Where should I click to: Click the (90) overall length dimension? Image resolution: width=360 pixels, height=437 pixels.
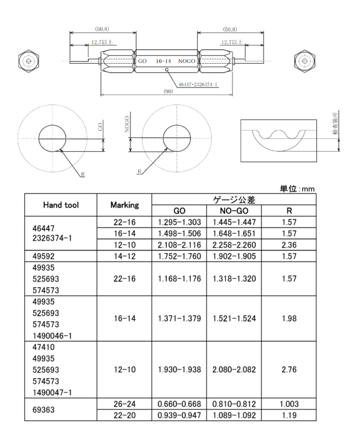pos(168,92)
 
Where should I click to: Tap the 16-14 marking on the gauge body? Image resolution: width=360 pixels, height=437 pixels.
pos(163,61)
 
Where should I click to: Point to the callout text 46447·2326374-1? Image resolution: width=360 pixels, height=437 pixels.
pos(198,84)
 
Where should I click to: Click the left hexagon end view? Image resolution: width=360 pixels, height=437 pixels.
pos(28,61)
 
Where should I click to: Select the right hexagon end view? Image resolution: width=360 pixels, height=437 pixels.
pos(305,61)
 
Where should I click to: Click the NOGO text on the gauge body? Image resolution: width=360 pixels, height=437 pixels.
pos(186,61)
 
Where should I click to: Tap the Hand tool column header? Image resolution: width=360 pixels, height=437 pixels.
pos(61,205)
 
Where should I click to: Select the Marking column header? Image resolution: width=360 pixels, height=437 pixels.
pos(124,205)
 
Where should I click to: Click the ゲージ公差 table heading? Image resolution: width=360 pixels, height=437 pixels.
pos(234,200)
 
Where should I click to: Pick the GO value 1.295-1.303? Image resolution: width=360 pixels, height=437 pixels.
pos(179,222)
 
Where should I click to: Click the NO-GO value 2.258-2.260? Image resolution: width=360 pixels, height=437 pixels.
pos(234,245)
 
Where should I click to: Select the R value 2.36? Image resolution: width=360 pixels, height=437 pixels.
pos(289,245)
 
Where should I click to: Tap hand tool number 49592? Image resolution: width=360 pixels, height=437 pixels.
pos(44,256)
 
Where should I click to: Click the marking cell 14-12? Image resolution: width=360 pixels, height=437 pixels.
pos(124,256)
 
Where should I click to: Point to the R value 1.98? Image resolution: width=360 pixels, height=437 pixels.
pos(289,318)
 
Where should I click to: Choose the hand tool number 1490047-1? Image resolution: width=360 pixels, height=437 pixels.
pos(52,393)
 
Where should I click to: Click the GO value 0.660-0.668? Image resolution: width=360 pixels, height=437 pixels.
pos(179,404)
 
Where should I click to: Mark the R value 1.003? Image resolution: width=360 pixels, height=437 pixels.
pos(289,404)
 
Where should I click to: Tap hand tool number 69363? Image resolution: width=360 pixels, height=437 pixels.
pos(44,410)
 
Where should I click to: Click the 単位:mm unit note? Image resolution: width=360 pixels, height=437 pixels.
pos(297,189)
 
